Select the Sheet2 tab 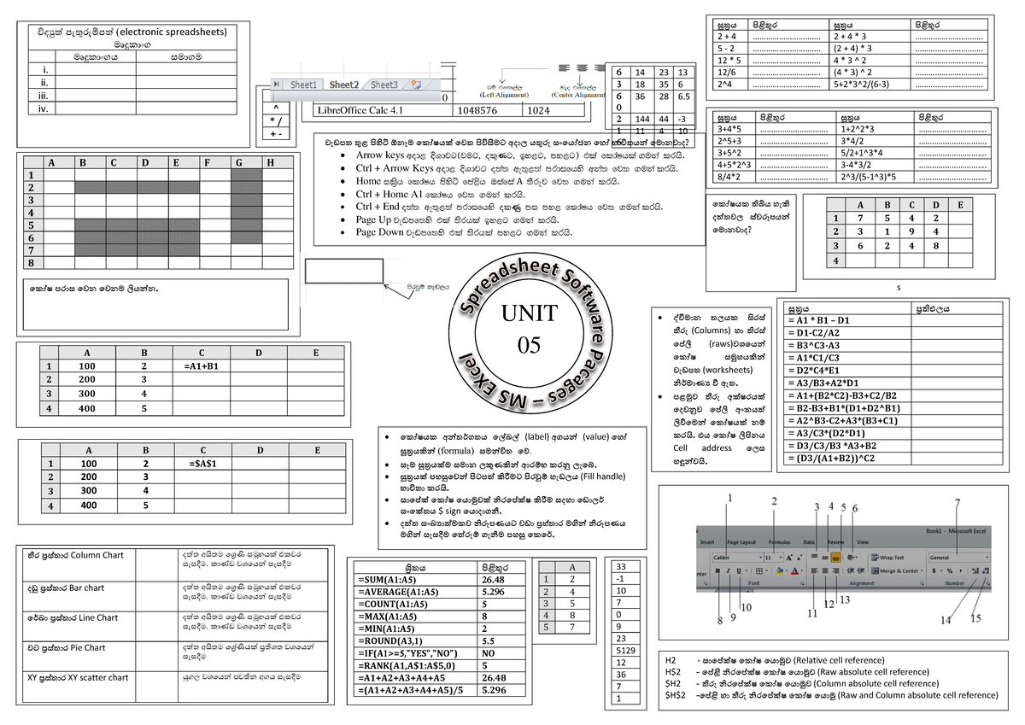tap(343, 85)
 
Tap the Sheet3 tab tap(384, 85)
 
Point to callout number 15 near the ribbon tap(975, 618)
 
